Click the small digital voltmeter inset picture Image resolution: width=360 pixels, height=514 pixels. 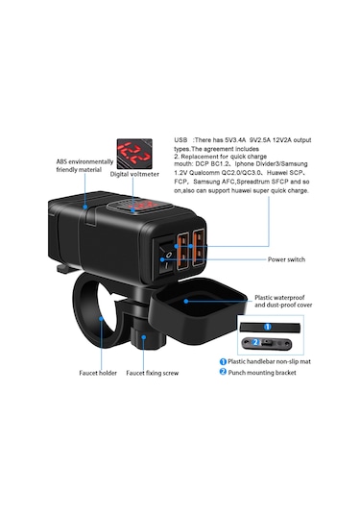coord(135,153)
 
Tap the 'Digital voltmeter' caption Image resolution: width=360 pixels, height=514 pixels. coord(135,175)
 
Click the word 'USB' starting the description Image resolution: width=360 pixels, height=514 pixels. coord(182,138)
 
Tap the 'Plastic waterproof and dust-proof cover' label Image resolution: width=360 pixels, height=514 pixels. coord(285,304)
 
